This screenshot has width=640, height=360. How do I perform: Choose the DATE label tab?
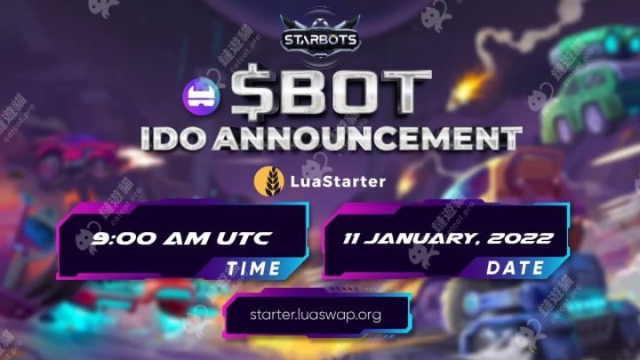click(515, 267)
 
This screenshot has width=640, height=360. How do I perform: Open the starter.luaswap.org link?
click(316, 314)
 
